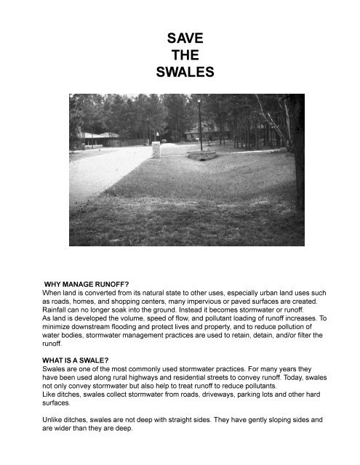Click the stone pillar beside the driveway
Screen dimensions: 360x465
click(156, 150)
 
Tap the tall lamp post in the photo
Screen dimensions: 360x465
click(199, 124)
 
